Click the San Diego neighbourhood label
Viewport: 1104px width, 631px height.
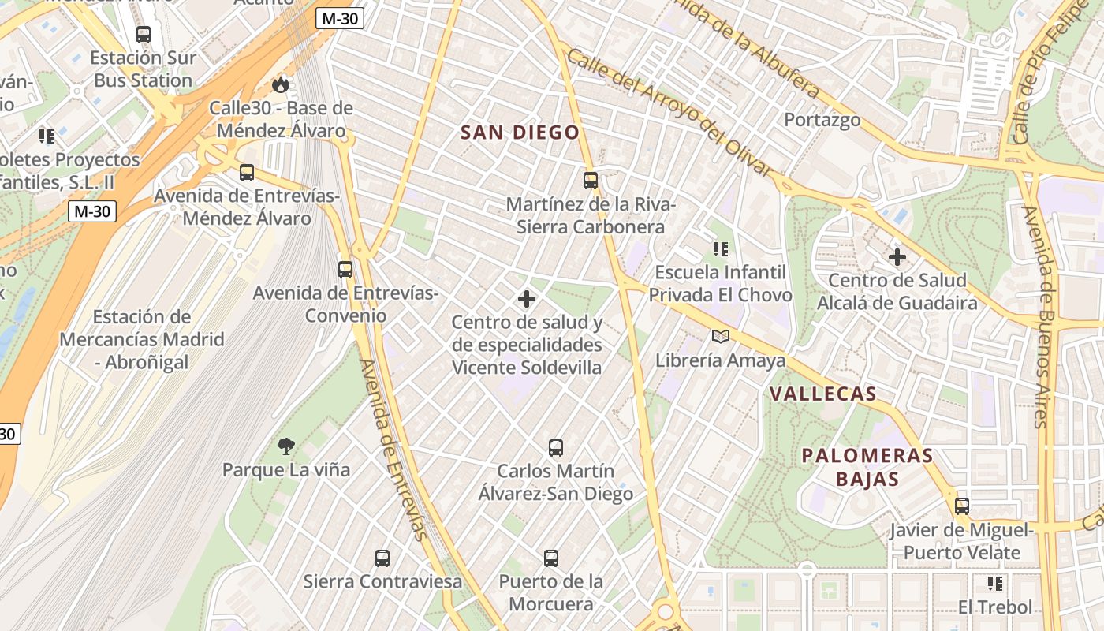[x=520, y=133]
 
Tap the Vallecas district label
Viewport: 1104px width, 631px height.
[x=822, y=394]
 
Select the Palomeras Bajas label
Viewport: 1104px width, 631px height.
[x=856, y=467]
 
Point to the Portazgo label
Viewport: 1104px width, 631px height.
[x=822, y=120]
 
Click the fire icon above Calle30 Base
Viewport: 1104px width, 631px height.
[x=281, y=84]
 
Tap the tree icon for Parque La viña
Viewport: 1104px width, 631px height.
[x=286, y=446]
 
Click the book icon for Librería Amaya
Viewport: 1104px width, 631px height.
[x=721, y=337]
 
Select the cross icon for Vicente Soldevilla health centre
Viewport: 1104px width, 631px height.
[x=527, y=299]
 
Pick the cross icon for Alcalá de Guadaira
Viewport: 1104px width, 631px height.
[x=897, y=257]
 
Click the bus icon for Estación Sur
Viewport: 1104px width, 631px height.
[x=143, y=35]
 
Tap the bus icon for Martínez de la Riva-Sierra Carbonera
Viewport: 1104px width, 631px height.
[x=591, y=181]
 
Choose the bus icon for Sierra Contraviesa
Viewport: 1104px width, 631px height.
[x=382, y=558]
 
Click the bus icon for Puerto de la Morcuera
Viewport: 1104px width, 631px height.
[x=551, y=558]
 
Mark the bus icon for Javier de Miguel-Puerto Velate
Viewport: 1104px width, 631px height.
[x=962, y=506]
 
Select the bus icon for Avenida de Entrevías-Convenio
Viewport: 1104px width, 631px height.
[x=345, y=270]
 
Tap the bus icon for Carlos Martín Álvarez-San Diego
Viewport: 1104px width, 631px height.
[x=556, y=448]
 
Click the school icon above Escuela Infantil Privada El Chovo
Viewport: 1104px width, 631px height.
[x=720, y=249]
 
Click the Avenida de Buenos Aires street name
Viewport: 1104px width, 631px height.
[x=1040, y=315]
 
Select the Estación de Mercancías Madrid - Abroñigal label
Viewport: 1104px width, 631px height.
[x=142, y=339]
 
